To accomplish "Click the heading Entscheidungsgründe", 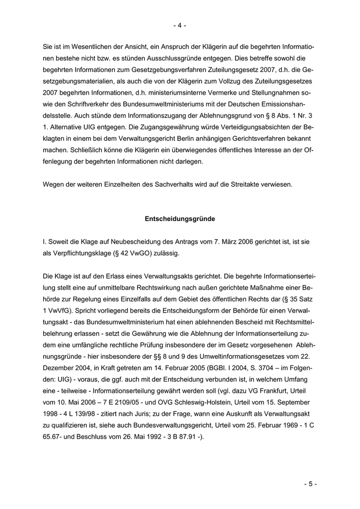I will pyautogui.click(x=179, y=219).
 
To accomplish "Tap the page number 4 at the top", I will pyautogui.click(x=179, y=25).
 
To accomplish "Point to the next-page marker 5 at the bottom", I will pyautogui.click(x=310, y=484).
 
